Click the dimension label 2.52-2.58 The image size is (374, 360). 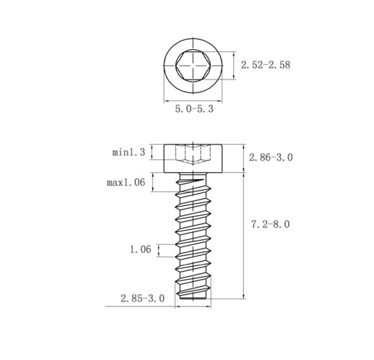click(x=266, y=65)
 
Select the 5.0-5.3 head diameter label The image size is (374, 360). click(x=194, y=109)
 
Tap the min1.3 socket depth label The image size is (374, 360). click(x=129, y=153)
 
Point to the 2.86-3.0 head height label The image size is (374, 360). click(x=271, y=158)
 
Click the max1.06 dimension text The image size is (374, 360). click(x=126, y=182)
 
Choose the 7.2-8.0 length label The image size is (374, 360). click(x=271, y=224)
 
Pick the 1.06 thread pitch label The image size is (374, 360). click(x=140, y=249)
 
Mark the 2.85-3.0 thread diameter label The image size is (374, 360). click(x=142, y=299)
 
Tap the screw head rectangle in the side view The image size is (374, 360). click(x=193, y=158)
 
